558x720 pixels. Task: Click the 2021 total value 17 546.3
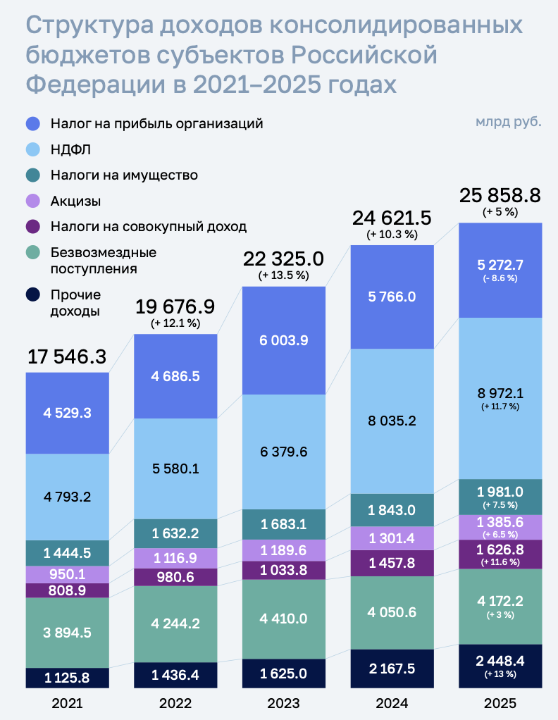point(67,356)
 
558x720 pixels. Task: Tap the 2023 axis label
point(283,703)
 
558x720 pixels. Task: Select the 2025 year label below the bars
point(500,703)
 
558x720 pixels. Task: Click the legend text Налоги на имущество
point(124,175)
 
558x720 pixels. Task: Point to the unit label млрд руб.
point(509,121)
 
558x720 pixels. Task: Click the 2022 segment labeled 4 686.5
point(175,376)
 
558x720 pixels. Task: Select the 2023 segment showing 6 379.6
point(283,452)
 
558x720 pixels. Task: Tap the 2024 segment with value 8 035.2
point(392,421)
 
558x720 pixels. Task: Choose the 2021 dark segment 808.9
point(67,590)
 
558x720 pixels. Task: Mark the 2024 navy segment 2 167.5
point(392,668)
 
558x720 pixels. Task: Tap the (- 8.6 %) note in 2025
point(500,278)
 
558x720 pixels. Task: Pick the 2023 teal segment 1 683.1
point(283,523)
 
